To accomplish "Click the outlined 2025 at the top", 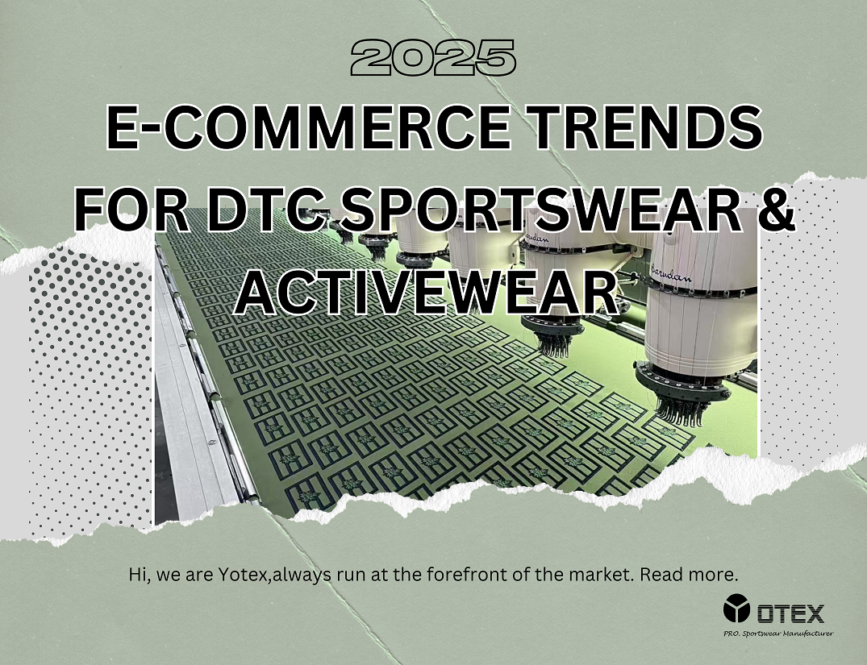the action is click(433, 57).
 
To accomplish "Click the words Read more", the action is click(689, 575).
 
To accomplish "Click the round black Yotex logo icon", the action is click(736, 608).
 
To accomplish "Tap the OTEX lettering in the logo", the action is click(790, 613).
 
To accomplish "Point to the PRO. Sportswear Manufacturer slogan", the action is click(778, 634).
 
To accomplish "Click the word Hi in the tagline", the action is click(138, 575).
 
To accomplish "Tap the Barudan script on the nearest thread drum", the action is click(671, 273).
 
